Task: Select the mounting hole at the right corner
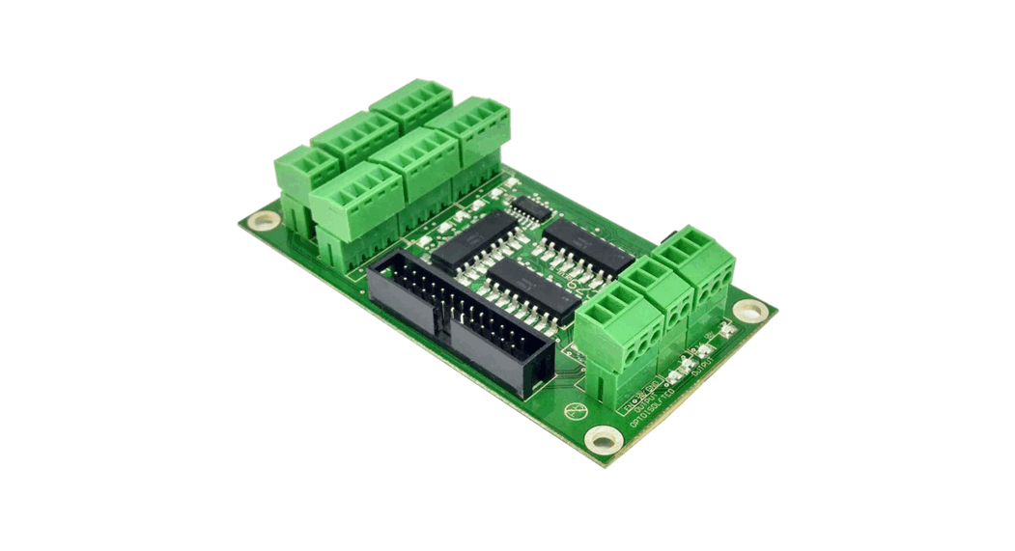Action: (749, 310)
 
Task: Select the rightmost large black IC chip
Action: (587, 246)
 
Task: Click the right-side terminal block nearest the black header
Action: (618, 333)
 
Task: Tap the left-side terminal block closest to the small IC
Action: (469, 133)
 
